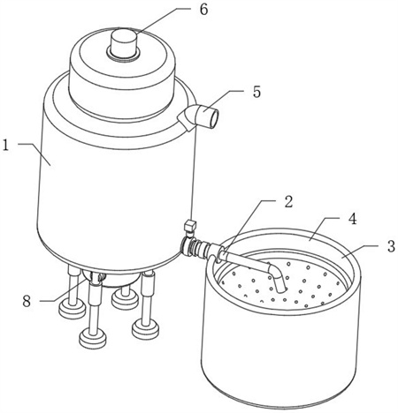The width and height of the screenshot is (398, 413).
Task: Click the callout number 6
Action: tap(203, 10)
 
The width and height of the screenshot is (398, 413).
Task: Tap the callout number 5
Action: tap(256, 92)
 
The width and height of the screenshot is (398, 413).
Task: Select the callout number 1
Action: tap(5, 146)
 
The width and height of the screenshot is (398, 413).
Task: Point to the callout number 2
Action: tap(288, 201)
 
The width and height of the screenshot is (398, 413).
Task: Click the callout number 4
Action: tap(352, 219)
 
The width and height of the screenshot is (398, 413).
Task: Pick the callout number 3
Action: tap(391, 246)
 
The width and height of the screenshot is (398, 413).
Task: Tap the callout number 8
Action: tap(27, 301)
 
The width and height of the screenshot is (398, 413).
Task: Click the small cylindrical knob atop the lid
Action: tap(124, 43)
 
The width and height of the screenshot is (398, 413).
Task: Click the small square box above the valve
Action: tap(190, 226)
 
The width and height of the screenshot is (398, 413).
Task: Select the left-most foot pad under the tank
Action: tap(73, 310)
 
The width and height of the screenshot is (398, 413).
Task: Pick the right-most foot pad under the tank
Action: tap(146, 330)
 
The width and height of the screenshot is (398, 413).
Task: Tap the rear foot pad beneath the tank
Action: tap(125, 300)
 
